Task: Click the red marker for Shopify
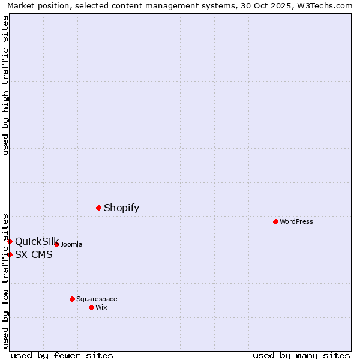[98, 208]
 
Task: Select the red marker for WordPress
[275, 221]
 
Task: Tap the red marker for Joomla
[56, 244]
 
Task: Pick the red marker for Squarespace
[72, 299]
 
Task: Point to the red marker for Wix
[91, 307]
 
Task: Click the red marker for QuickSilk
[10, 241]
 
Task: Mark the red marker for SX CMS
[10, 254]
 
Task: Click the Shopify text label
[121, 208]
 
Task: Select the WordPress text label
[296, 222]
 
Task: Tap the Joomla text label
[71, 245]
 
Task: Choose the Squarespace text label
[97, 299]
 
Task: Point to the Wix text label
[101, 308]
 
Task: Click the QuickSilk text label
[37, 242]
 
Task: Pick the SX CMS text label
[34, 255]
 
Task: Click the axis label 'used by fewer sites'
[62, 355]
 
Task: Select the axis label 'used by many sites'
[301, 355]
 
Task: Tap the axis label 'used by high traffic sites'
[5, 85]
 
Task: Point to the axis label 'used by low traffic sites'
[5, 280]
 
